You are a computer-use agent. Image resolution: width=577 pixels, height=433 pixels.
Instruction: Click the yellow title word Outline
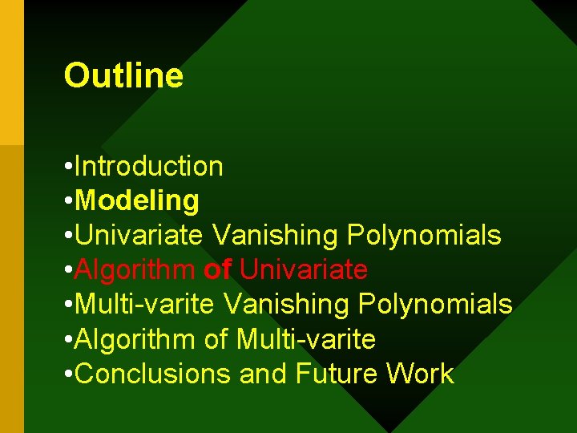pos(123,76)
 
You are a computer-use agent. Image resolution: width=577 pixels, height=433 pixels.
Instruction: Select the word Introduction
pos(148,167)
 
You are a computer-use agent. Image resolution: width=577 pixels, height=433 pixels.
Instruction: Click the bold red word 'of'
pos(217,270)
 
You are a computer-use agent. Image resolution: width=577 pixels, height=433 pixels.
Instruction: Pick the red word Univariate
pos(304,270)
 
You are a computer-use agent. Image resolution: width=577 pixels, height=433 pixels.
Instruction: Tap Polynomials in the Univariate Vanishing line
pos(424,236)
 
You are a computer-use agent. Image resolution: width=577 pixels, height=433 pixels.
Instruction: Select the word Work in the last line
pos(421,374)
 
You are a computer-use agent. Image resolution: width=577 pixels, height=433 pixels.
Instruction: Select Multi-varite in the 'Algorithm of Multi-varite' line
pos(306,339)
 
